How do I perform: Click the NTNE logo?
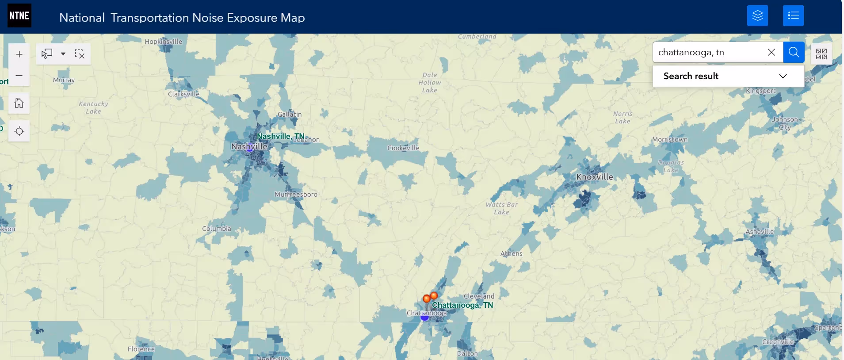tap(19, 15)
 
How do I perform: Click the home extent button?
tap(19, 103)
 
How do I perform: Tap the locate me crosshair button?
tap(19, 131)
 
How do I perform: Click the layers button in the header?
tap(757, 16)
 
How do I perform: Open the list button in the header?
tap(793, 16)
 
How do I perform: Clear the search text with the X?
tap(771, 52)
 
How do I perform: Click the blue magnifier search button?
tap(794, 52)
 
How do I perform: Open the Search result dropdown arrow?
tap(783, 76)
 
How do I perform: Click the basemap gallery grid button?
tap(821, 54)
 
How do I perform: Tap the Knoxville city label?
tap(595, 177)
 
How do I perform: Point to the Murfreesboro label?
tap(296, 195)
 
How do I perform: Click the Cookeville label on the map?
tap(403, 148)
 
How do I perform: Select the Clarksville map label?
tap(183, 94)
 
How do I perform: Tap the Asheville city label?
tap(760, 232)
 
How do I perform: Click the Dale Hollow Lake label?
tap(430, 83)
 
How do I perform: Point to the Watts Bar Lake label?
tap(501, 208)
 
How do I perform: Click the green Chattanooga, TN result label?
tap(462, 305)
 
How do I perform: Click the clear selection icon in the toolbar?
tap(80, 54)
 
